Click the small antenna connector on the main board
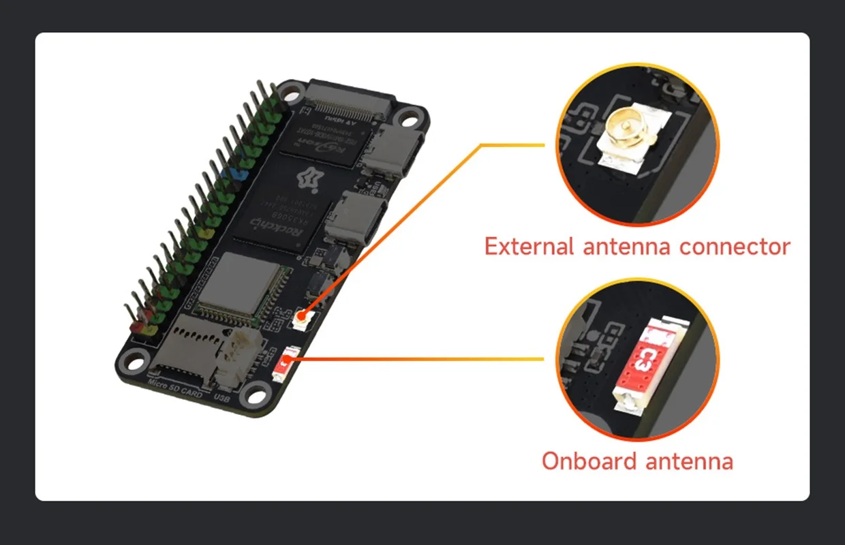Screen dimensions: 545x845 tap(301, 317)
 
